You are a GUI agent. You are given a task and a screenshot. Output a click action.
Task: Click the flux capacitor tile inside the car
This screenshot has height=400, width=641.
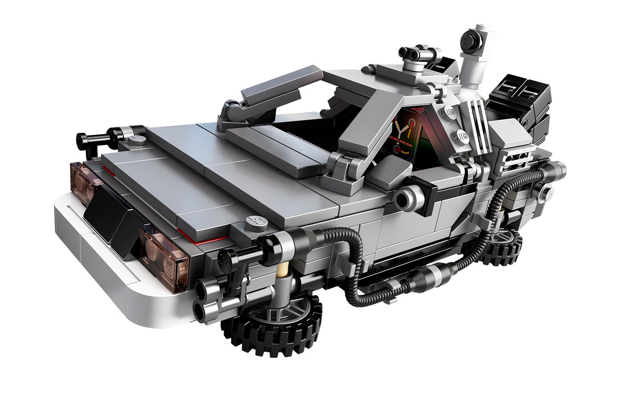(x=405, y=134)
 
